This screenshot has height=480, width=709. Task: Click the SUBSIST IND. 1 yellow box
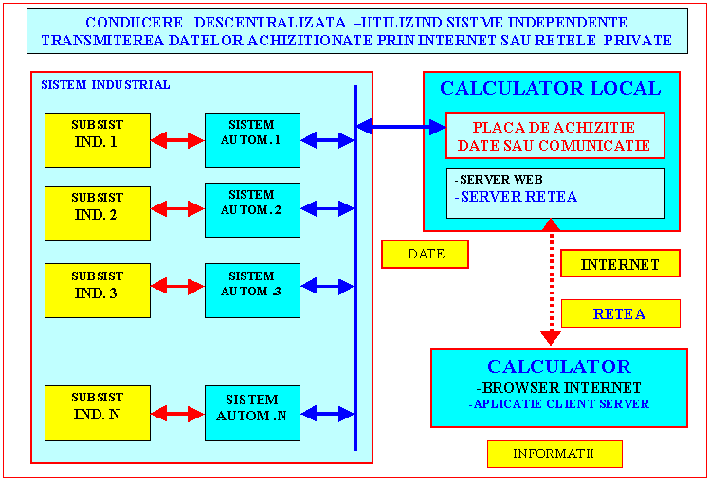tap(98, 140)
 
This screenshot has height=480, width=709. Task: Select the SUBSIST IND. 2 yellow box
tap(98, 213)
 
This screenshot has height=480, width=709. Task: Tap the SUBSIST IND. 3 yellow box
tap(98, 290)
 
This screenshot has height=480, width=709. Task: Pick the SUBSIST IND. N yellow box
tap(98, 413)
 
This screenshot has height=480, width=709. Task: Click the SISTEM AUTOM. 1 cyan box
tap(252, 140)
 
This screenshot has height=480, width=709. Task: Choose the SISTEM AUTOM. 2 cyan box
tap(252, 209)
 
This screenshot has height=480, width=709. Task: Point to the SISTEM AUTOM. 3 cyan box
tap(252, 290)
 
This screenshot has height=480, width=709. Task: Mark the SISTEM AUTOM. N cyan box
tap(252, 413)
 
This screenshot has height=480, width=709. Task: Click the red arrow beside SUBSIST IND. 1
tap(177, 140)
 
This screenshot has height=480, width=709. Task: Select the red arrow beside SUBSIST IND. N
tap(177, 414)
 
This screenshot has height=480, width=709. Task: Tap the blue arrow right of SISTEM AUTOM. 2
tap(327, 208)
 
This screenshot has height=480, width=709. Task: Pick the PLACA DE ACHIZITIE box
tap(554, 135)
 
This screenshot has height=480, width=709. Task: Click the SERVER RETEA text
tap(518, 197)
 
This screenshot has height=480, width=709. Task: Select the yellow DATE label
tap(426, 254)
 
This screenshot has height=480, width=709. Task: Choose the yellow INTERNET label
tap(620, 264)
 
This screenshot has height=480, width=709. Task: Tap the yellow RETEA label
tap(620, 313)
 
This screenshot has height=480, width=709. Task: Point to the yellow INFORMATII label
tap(554, 453)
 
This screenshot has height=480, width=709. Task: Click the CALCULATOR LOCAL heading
tap(551, 89)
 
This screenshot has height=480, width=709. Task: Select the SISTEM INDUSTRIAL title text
tap(105, 84)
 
